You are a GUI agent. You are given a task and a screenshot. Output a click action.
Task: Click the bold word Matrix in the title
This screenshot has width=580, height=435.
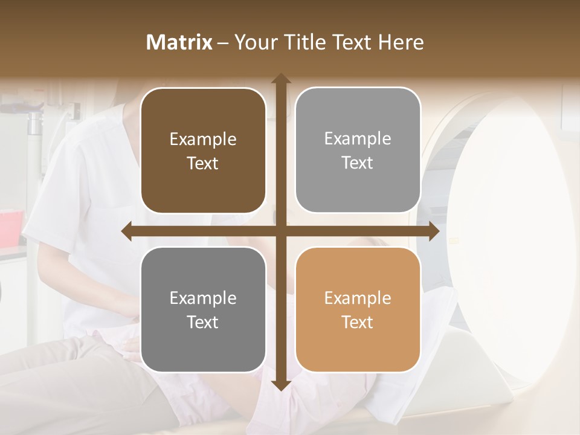179,42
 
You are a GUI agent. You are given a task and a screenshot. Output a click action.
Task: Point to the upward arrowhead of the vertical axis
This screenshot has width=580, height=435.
280,79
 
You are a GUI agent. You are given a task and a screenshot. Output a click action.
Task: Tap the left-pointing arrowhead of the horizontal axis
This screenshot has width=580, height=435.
127,231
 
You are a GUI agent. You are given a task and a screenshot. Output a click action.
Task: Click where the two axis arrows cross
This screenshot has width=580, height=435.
280,231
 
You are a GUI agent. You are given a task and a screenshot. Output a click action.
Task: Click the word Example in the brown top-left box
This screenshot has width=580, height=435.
203,140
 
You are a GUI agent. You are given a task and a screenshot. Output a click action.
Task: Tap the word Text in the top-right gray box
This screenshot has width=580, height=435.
358,163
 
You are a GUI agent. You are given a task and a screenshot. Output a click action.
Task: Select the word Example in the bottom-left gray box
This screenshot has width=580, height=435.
203,298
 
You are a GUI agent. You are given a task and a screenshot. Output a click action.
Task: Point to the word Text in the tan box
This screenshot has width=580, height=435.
358,322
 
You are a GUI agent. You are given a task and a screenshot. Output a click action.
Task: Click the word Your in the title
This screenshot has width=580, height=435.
254,42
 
